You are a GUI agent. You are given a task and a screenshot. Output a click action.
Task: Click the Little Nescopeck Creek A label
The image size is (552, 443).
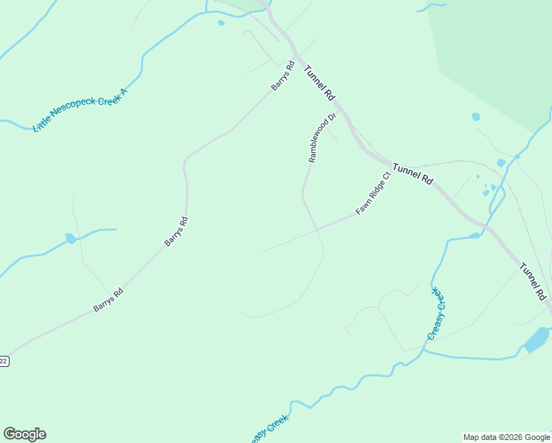80,109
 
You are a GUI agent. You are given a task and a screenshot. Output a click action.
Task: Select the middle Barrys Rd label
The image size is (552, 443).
176,231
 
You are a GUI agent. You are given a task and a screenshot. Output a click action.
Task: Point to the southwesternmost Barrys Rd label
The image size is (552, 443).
108,299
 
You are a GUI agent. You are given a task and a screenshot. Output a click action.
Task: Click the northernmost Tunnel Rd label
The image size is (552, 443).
320,81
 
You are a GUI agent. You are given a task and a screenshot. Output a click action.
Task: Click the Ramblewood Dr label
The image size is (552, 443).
322,137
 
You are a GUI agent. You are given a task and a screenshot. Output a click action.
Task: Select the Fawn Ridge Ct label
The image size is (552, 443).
373,193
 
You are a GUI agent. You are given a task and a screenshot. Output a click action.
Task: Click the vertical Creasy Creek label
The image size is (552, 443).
437,312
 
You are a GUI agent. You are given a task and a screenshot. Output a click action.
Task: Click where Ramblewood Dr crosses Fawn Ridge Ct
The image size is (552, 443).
319,229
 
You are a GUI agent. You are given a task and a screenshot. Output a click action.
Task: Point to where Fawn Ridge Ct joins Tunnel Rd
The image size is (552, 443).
390,168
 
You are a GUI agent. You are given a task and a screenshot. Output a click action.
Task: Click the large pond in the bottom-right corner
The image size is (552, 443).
536,339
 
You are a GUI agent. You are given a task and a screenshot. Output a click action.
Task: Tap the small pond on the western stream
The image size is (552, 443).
70,238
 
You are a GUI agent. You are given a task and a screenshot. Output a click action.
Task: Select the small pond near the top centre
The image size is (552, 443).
221,23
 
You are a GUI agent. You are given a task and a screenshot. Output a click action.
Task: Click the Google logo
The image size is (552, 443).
24,434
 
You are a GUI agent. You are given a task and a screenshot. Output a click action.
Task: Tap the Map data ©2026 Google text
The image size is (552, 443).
507,437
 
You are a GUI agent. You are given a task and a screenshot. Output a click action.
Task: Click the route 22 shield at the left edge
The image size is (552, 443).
4,361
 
